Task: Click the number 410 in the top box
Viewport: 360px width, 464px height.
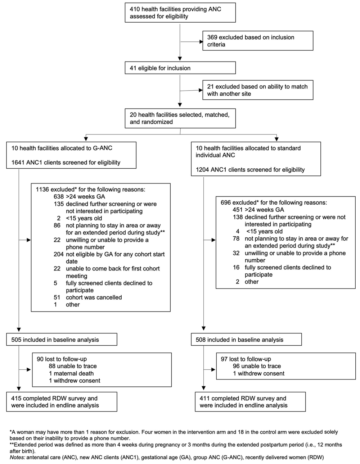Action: [135, 9]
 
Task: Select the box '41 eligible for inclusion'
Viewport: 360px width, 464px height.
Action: [180, 68]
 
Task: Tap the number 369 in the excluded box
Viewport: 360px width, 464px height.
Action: [212, 37]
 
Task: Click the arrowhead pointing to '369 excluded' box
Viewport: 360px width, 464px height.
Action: [201, 42]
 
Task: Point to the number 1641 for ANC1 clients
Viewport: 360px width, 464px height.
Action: [18, 163]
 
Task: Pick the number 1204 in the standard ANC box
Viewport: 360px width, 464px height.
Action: [202, 169]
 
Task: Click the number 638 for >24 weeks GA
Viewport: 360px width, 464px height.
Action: [59, 196]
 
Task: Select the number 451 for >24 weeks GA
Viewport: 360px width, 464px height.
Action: [238, 210]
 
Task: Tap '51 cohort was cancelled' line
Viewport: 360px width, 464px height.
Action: [88, 297]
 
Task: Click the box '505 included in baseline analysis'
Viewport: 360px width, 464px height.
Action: [62, 340]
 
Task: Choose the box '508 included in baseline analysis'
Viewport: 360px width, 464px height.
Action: [246, 340]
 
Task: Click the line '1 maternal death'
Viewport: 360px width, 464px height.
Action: [71, 373]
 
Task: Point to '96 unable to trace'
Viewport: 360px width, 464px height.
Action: [257, 366]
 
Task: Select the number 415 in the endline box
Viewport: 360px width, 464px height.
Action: [16, 398]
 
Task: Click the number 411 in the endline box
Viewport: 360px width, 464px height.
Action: [204, 398]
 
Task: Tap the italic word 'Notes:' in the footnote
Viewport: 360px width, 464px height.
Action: [17, 457]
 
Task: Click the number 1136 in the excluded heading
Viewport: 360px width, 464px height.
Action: [42, 190]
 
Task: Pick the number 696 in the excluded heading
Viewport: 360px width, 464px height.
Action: [226, 203]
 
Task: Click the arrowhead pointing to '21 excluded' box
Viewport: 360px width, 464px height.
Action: [201, 90]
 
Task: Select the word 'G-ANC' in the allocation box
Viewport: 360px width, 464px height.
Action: [103, 148]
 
